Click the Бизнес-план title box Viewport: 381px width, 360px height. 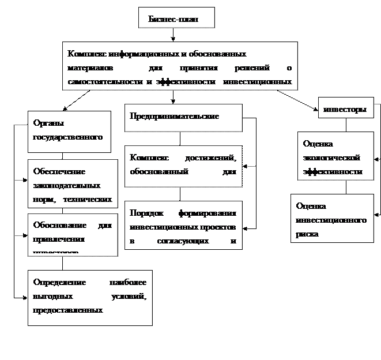176,18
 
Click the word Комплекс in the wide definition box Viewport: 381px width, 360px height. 87,54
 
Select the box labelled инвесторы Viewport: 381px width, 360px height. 345,109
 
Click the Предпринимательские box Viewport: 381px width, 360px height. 175,116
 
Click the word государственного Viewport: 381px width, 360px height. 68,137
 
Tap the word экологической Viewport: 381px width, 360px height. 332,157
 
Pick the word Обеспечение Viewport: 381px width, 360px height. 59,171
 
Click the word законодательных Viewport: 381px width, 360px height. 67,186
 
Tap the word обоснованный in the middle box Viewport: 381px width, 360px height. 157,171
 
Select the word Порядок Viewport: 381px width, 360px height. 146,212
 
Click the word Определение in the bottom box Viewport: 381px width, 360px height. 59,282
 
